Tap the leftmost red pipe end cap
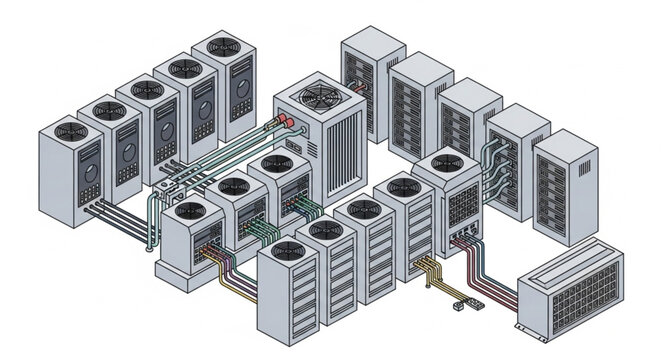click(271, 127)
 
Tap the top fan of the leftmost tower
click(71, 133)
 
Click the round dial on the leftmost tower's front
click(88, 171)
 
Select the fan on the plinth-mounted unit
click(189, 211)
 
